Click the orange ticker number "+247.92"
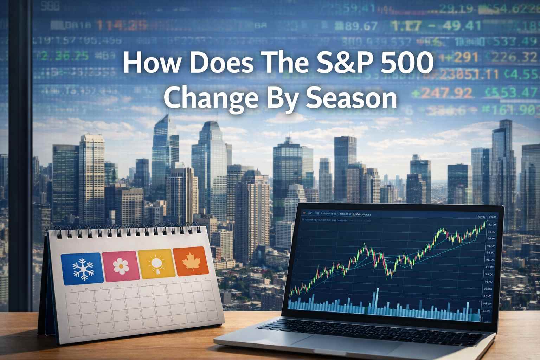(442, 93)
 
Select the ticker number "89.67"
(356, 26)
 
